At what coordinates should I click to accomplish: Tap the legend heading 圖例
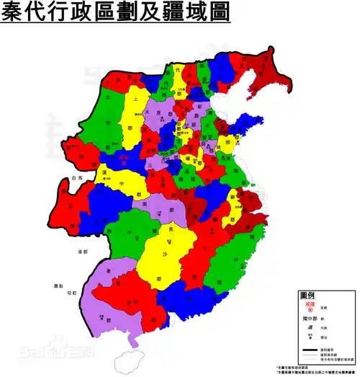tap(309, 296)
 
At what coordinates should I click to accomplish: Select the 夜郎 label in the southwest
tap(60, 252)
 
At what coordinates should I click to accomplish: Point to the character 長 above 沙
tap(171, 230)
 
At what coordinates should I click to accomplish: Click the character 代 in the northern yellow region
tap(177, 69)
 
